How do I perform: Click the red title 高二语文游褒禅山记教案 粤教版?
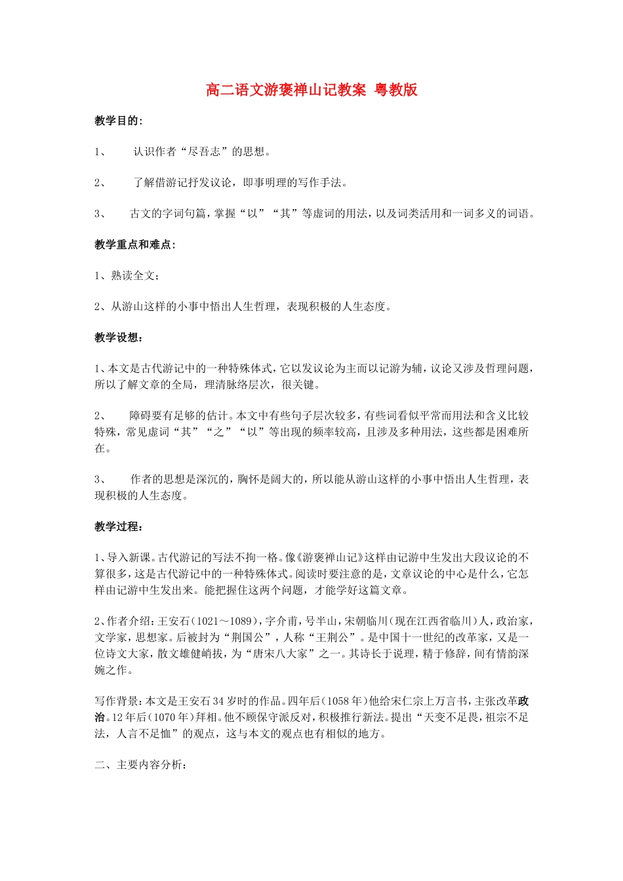tap(311, 90)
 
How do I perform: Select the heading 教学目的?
tap(118, 121)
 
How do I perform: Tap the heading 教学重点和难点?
tap(135, 245)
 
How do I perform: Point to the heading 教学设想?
tap(118, 338)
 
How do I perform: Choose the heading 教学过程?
tap(118, 526)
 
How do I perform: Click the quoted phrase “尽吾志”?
tap(203, 152)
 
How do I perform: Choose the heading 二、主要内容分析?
tap(141, 765)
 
